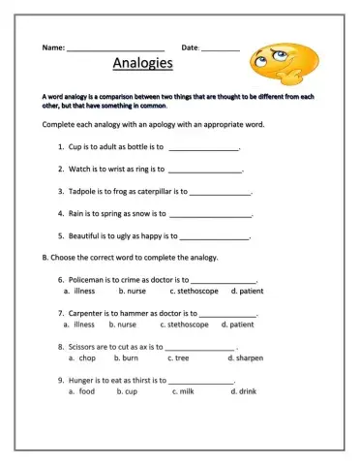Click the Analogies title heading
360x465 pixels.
click(142, 65)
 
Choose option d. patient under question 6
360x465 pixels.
click(246, 291)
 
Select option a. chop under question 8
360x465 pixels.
click(83, 357)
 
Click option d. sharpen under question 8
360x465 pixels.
click(249, 357)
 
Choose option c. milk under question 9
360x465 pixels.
click(183, 391)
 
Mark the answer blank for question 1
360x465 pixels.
click(203, 149)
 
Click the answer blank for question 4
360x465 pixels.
click(210, 214)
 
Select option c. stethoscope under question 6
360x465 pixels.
click(194, 291)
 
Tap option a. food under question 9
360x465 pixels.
click(81, 391)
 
